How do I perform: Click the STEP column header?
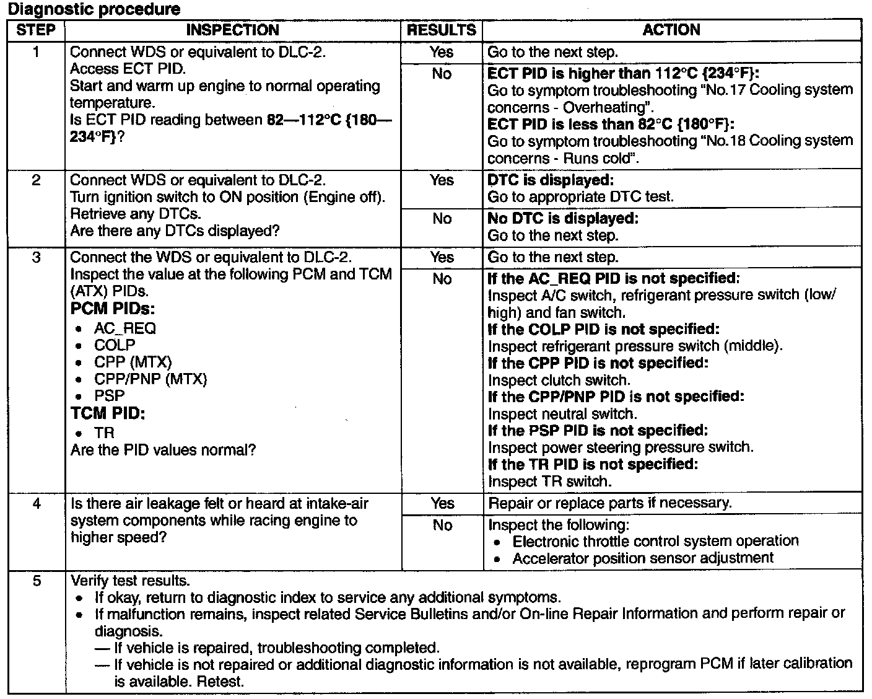(36, 30)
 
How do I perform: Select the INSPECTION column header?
(232, 30)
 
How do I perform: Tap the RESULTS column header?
(442, 30)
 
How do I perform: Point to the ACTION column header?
(671, 30)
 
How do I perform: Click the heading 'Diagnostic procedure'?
(94, 9)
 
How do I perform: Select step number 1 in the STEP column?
(36, 52)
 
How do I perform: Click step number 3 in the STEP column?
(36, 257)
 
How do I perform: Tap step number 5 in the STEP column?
(36, 581)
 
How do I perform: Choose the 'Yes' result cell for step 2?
(442, 180)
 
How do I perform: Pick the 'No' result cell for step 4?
(442, 525)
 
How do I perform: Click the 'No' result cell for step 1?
(442, 74)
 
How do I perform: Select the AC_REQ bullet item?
(125, 328)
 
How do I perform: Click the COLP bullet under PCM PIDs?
(115, 345)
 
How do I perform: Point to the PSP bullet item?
(110, 395)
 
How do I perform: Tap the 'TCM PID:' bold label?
(108, 413)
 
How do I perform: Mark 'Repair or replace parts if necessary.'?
(610, 503)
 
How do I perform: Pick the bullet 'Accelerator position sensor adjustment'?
(643, 558)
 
